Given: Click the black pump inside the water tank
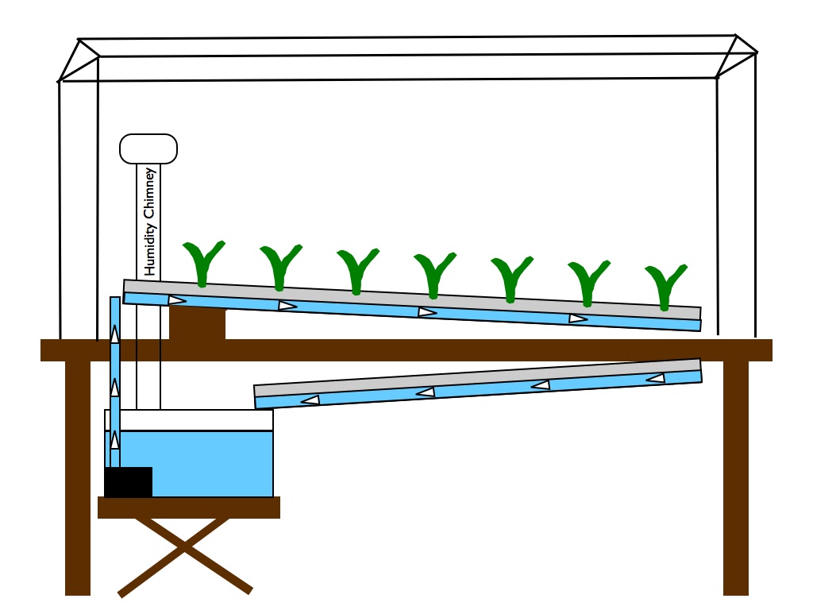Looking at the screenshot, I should (x=128, y=482).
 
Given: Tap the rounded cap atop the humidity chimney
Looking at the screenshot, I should (x=148, y=149).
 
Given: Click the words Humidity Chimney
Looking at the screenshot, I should (x=149, y=222).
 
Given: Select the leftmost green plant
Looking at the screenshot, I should (x=203, y=262).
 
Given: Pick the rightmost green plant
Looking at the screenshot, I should (x=665, y=286).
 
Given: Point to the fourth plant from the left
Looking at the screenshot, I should (x=434, y=274).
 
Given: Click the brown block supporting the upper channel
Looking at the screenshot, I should (x=197, y=324).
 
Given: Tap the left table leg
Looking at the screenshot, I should (x=78, y=477).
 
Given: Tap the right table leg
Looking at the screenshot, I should (x=736, y=477).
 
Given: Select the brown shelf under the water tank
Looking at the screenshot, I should (x=189, y=508).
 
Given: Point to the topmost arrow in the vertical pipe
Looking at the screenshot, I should (x=115, y=334).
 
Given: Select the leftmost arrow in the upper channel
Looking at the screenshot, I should (x=177, y=300).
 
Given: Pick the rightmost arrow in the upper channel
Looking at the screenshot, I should (x=578, y=319).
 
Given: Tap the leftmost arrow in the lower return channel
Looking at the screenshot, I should (x=310, y=400).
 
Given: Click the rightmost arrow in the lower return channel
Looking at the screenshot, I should (x=656, y=378).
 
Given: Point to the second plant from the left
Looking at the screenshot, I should (x=280, y=266).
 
